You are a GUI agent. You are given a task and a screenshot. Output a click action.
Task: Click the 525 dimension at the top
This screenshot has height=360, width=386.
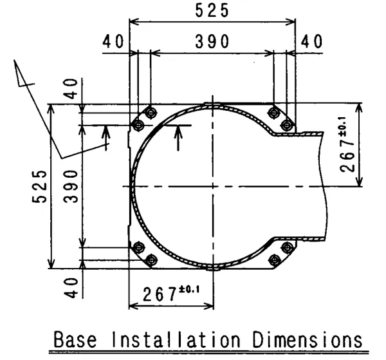tap(212, 10)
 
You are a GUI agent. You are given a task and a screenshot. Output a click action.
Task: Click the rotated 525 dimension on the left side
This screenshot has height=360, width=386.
tap(41, 186)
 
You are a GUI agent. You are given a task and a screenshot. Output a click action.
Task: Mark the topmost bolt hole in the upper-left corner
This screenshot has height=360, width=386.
tap(151, 113)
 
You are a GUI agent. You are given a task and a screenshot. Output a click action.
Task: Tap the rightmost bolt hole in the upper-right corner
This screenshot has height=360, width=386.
tap(287, 124)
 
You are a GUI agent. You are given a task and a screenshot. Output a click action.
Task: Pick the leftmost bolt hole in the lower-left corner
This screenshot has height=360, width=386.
tap(138, 247)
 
